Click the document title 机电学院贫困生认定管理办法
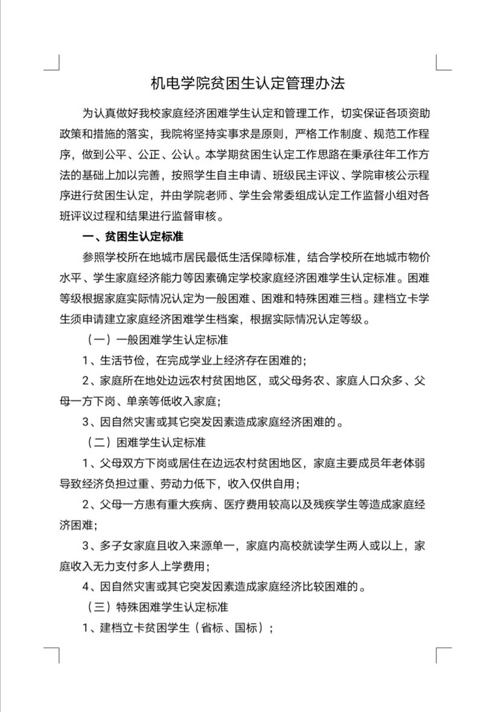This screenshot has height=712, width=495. (x=247, y=83)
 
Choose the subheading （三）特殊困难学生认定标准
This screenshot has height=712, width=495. (x=155, y=606)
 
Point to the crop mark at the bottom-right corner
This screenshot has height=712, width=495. (x=442, y=655)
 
